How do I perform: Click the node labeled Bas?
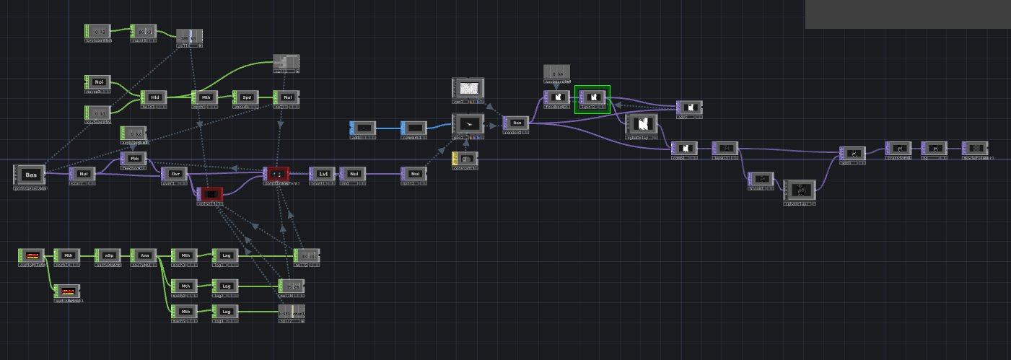coord(30,175)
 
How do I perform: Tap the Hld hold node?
coord(154,97)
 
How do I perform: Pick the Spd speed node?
coord(245,97)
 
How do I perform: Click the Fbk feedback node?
coord(134,159)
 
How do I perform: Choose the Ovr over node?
coord(174,175)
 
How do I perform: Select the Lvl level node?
coord(321,174)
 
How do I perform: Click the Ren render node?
coord(516,123)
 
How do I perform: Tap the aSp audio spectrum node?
coord(108,255)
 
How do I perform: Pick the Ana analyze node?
coord(144,255)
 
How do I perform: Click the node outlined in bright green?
coord(592,98)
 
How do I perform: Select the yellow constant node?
coord(465,158)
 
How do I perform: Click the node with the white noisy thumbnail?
coord(468,89)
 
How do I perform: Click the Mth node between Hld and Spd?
coord(205,97)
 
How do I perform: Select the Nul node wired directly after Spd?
coord(286,97)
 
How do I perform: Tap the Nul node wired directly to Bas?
coord(82,174)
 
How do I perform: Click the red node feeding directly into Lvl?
coord(276,174)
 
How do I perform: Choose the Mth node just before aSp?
coord(67,255)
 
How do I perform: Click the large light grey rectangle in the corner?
coord(908,14)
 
